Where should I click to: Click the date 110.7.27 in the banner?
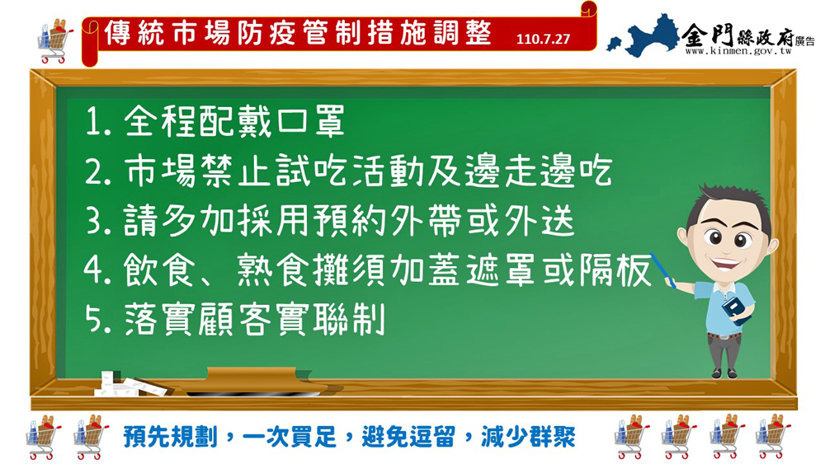[x=543, y=40]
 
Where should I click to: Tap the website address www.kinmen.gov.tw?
[x=738, y=51]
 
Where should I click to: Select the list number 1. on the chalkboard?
[x=98, y=122]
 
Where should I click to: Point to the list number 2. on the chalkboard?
[x=98, y=171]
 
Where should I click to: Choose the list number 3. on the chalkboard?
[x=99, y=221]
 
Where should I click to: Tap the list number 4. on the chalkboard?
[x=98, y=269]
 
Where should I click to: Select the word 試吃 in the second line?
[x=313, y=171]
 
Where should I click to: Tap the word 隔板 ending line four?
[x=615, y=269]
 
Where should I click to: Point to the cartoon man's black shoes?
[x=724, y=373]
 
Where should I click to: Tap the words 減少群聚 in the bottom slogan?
[x=528, y=437]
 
